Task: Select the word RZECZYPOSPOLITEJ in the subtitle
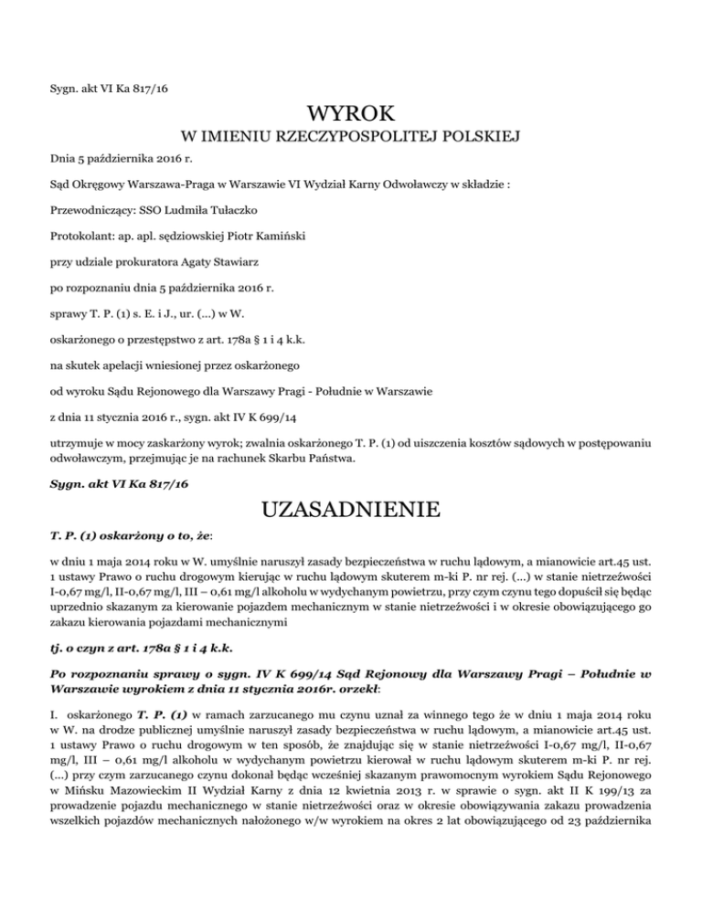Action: tap(358, 139)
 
